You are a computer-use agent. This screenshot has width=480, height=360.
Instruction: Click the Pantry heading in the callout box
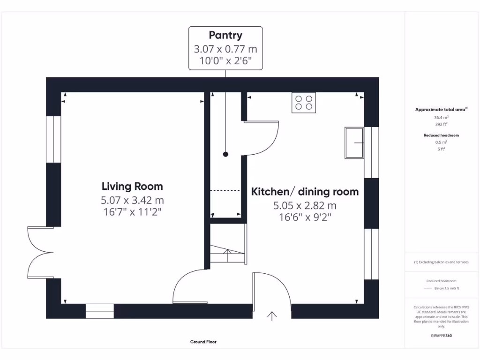(x=225, y=35)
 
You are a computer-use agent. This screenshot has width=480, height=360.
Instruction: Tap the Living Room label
(x=132, y=186)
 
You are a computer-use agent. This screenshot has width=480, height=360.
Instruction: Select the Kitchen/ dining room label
(x=305, y=192)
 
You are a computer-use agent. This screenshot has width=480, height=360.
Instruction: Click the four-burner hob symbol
(x=304, y=103)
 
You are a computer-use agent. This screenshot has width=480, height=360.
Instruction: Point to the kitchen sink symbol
(x=354, y=143)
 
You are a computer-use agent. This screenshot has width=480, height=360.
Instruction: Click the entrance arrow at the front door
(x=272, y=316)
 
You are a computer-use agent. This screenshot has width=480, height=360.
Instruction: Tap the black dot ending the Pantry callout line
(x=225, y=154)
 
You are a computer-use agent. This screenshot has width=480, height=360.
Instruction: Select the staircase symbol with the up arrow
(x=228, y=244)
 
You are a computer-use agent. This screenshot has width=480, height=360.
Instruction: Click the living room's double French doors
(x=40, y=253)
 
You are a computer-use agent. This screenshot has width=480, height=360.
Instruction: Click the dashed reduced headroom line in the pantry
(x=225, y=190)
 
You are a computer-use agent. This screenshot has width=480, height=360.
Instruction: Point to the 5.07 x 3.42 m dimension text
(x=132, y=200)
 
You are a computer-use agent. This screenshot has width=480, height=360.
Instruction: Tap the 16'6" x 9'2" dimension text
(x=305, y=217)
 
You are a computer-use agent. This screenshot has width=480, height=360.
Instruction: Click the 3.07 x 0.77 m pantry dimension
(x=225, y=49)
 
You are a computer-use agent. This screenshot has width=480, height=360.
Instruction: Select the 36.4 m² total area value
(x=441, y=118)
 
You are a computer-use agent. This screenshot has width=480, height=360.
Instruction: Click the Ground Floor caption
(x=203, y=342)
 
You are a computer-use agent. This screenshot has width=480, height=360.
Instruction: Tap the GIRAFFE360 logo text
(x=441, y=336)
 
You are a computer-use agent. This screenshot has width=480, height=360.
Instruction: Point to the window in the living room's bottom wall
(x=99, y=311)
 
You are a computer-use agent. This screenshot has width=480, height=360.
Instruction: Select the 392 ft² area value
(x=441, y=124)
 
